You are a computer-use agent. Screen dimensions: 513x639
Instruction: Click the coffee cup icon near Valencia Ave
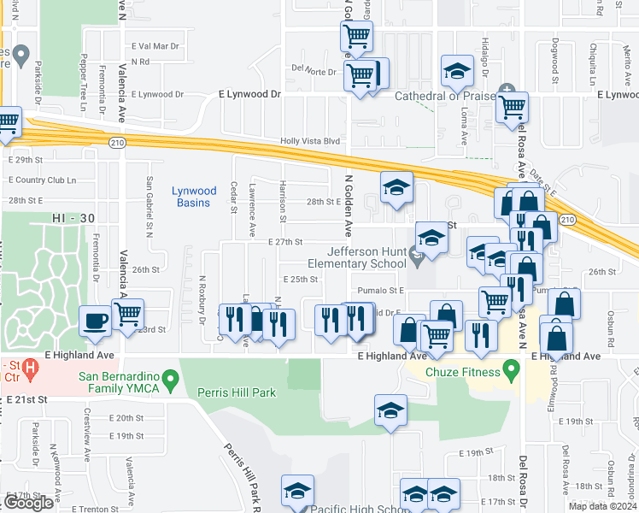(x=95, y=321)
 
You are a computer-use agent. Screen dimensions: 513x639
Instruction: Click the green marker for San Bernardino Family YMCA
(x=171, y=377)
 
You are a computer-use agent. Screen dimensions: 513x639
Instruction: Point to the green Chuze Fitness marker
(x=512, y=371)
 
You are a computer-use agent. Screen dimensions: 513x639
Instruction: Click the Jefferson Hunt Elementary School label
(x=367, y=257)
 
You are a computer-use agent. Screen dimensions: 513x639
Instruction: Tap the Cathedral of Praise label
(x=447, y=96)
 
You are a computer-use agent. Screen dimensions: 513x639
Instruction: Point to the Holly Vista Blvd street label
(x=311, y=142)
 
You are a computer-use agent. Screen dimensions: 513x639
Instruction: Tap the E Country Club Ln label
(x=42, y=180)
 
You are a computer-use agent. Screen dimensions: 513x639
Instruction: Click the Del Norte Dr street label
(x=314, y=71)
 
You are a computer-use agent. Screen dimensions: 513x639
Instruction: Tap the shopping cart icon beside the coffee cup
(x=128, y=314)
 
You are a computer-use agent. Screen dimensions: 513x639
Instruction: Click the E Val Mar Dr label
(x=155, y=46)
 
